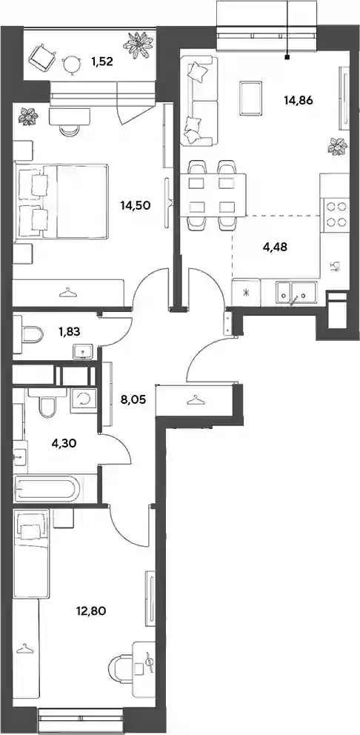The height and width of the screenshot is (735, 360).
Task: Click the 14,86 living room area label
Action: [x=298, y=99]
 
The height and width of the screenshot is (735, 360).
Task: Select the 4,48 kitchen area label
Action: [x=276, y=247]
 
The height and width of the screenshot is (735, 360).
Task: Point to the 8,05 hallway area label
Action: [x=133, y=400]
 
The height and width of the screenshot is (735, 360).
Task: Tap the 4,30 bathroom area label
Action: [x=63, y=442]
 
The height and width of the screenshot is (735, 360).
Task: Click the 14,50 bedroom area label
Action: [x=135, y=204]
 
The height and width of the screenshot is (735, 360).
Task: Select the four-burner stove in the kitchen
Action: [x=334, y=213]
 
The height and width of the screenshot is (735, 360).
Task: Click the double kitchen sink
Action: [x=296, y=293]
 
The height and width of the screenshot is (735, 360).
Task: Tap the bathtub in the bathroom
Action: [x=47, y=489]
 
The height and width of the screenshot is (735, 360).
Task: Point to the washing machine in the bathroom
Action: [x=84, y=400]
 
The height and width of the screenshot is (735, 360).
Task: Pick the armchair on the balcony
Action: [x=41, y=56]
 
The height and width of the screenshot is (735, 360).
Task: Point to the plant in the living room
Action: [x=338, y=146]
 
